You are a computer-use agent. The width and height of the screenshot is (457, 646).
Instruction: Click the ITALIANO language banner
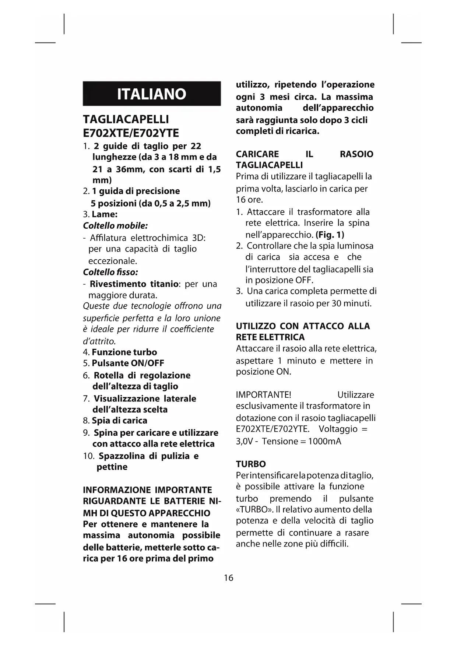click(x=151, y=94)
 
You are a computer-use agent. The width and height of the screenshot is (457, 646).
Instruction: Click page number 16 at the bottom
click(x=228, y=577)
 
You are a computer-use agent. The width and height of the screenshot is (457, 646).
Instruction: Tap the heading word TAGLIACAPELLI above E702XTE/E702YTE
click(x=126, y=119)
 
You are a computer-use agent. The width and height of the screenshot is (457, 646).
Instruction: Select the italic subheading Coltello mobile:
click(x=115, y=225)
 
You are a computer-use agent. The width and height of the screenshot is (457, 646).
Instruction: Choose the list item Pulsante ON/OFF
click(x=128, y=363)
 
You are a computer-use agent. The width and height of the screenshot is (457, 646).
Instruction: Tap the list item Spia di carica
click(x=119, y=420)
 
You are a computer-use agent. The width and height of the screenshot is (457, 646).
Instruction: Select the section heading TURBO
click(x=251, y=464)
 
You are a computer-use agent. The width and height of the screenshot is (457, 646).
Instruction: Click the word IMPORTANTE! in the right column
click(x=263, y=395)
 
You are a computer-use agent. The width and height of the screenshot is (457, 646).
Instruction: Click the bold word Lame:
click(x=105, y=214)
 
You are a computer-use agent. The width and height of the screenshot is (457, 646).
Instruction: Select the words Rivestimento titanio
click(x=134, y=284)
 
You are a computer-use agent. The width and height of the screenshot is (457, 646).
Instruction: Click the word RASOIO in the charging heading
click(x=356, y=154)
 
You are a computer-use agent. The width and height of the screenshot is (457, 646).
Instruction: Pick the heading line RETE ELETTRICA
click(x=270, y=337)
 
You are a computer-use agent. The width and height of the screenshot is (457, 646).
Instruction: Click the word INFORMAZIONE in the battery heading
click(x=117, y=490)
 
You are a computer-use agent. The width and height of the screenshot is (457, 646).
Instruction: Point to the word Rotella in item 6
click(x=109, y=375)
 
